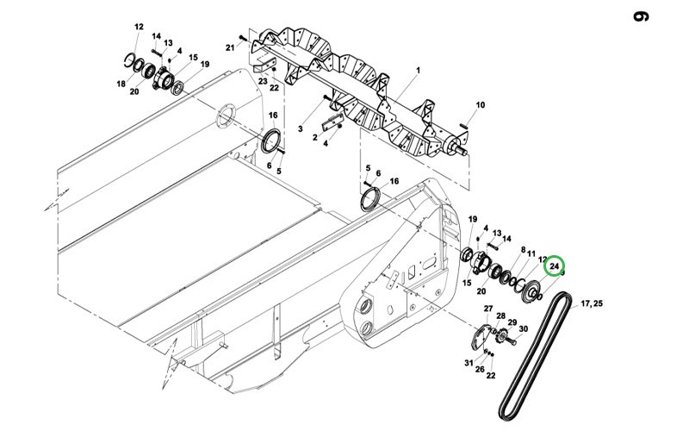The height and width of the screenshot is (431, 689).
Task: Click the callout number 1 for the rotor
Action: pyautogui.click(x=419, y=71)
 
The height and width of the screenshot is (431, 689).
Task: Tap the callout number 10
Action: pyautogui.click(x=481, y=104)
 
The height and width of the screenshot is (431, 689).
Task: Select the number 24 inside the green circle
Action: pyautogui.click(x=554, y=266)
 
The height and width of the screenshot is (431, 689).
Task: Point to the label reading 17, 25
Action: pyautogui.click(x=592, y=303)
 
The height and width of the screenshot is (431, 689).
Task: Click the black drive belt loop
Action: pyautogui.click(x=535, y=356)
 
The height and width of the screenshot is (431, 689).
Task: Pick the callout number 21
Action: pyautogui.click(x=230, y=47)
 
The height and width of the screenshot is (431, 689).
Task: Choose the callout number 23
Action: pyautogui.click(x=263, y=81)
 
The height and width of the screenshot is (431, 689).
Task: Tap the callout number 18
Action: pyautogui.click(x=121, y=84)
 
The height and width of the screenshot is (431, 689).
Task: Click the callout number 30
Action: pyautogui.click(x=524, y=329)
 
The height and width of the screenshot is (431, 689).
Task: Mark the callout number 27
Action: pyautogui.click(x=488, y=309)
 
